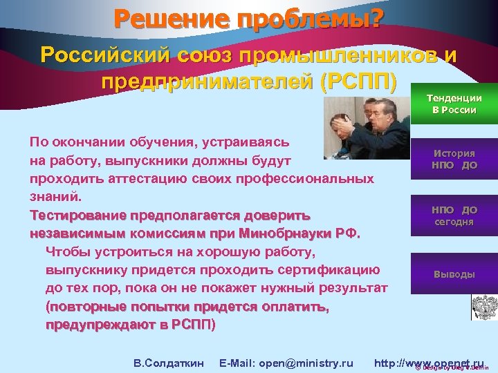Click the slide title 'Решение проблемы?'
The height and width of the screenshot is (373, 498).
point(248,17)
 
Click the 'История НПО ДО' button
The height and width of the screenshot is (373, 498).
point(454,160)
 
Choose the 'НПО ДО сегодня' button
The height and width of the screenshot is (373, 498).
point(454,216)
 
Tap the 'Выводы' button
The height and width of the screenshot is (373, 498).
point(454,274)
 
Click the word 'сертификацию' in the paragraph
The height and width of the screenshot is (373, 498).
point(335,269)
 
